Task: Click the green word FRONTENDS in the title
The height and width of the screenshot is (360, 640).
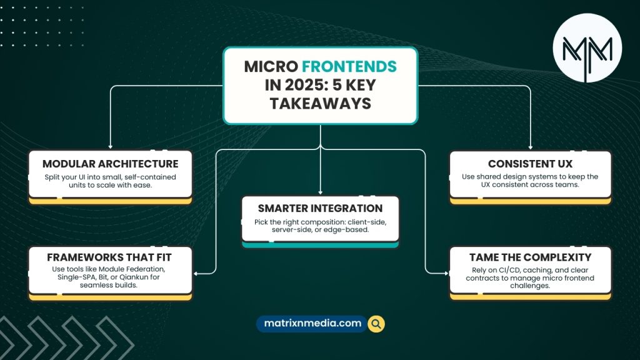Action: [x=349, y=66]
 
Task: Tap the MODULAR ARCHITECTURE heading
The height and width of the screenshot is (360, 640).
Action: [x=110, y=164]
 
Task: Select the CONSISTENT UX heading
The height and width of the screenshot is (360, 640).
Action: [x=530, y=164]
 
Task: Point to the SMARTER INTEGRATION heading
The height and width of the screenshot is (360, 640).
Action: [x=321, y=208]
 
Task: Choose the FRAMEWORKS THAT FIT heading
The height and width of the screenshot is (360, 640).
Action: [x=109, y=257]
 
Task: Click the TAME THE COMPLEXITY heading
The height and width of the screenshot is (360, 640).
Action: [x=530, y=257]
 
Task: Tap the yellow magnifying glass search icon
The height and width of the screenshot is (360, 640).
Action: [x=376, y=324]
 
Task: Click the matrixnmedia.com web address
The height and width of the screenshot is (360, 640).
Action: [x=312, y=323]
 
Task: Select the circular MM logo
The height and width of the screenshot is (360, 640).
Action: [x=587, y=48]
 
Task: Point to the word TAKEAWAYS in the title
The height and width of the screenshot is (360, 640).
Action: [x=321, y=103]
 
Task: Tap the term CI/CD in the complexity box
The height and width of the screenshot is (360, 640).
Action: [x=509, y=270]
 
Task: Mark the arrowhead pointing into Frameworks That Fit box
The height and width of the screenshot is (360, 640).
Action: [x=196, y=274]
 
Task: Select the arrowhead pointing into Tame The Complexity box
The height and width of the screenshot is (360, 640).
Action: [x=446, y=273]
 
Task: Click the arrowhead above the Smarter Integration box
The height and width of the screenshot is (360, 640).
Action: [x=321, y=192]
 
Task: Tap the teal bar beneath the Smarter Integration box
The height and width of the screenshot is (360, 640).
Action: [x=321, y=245]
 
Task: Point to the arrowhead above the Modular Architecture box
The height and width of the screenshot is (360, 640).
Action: [x=110, y=146]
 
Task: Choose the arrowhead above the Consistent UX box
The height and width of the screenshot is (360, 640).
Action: [x=531, y=147]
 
